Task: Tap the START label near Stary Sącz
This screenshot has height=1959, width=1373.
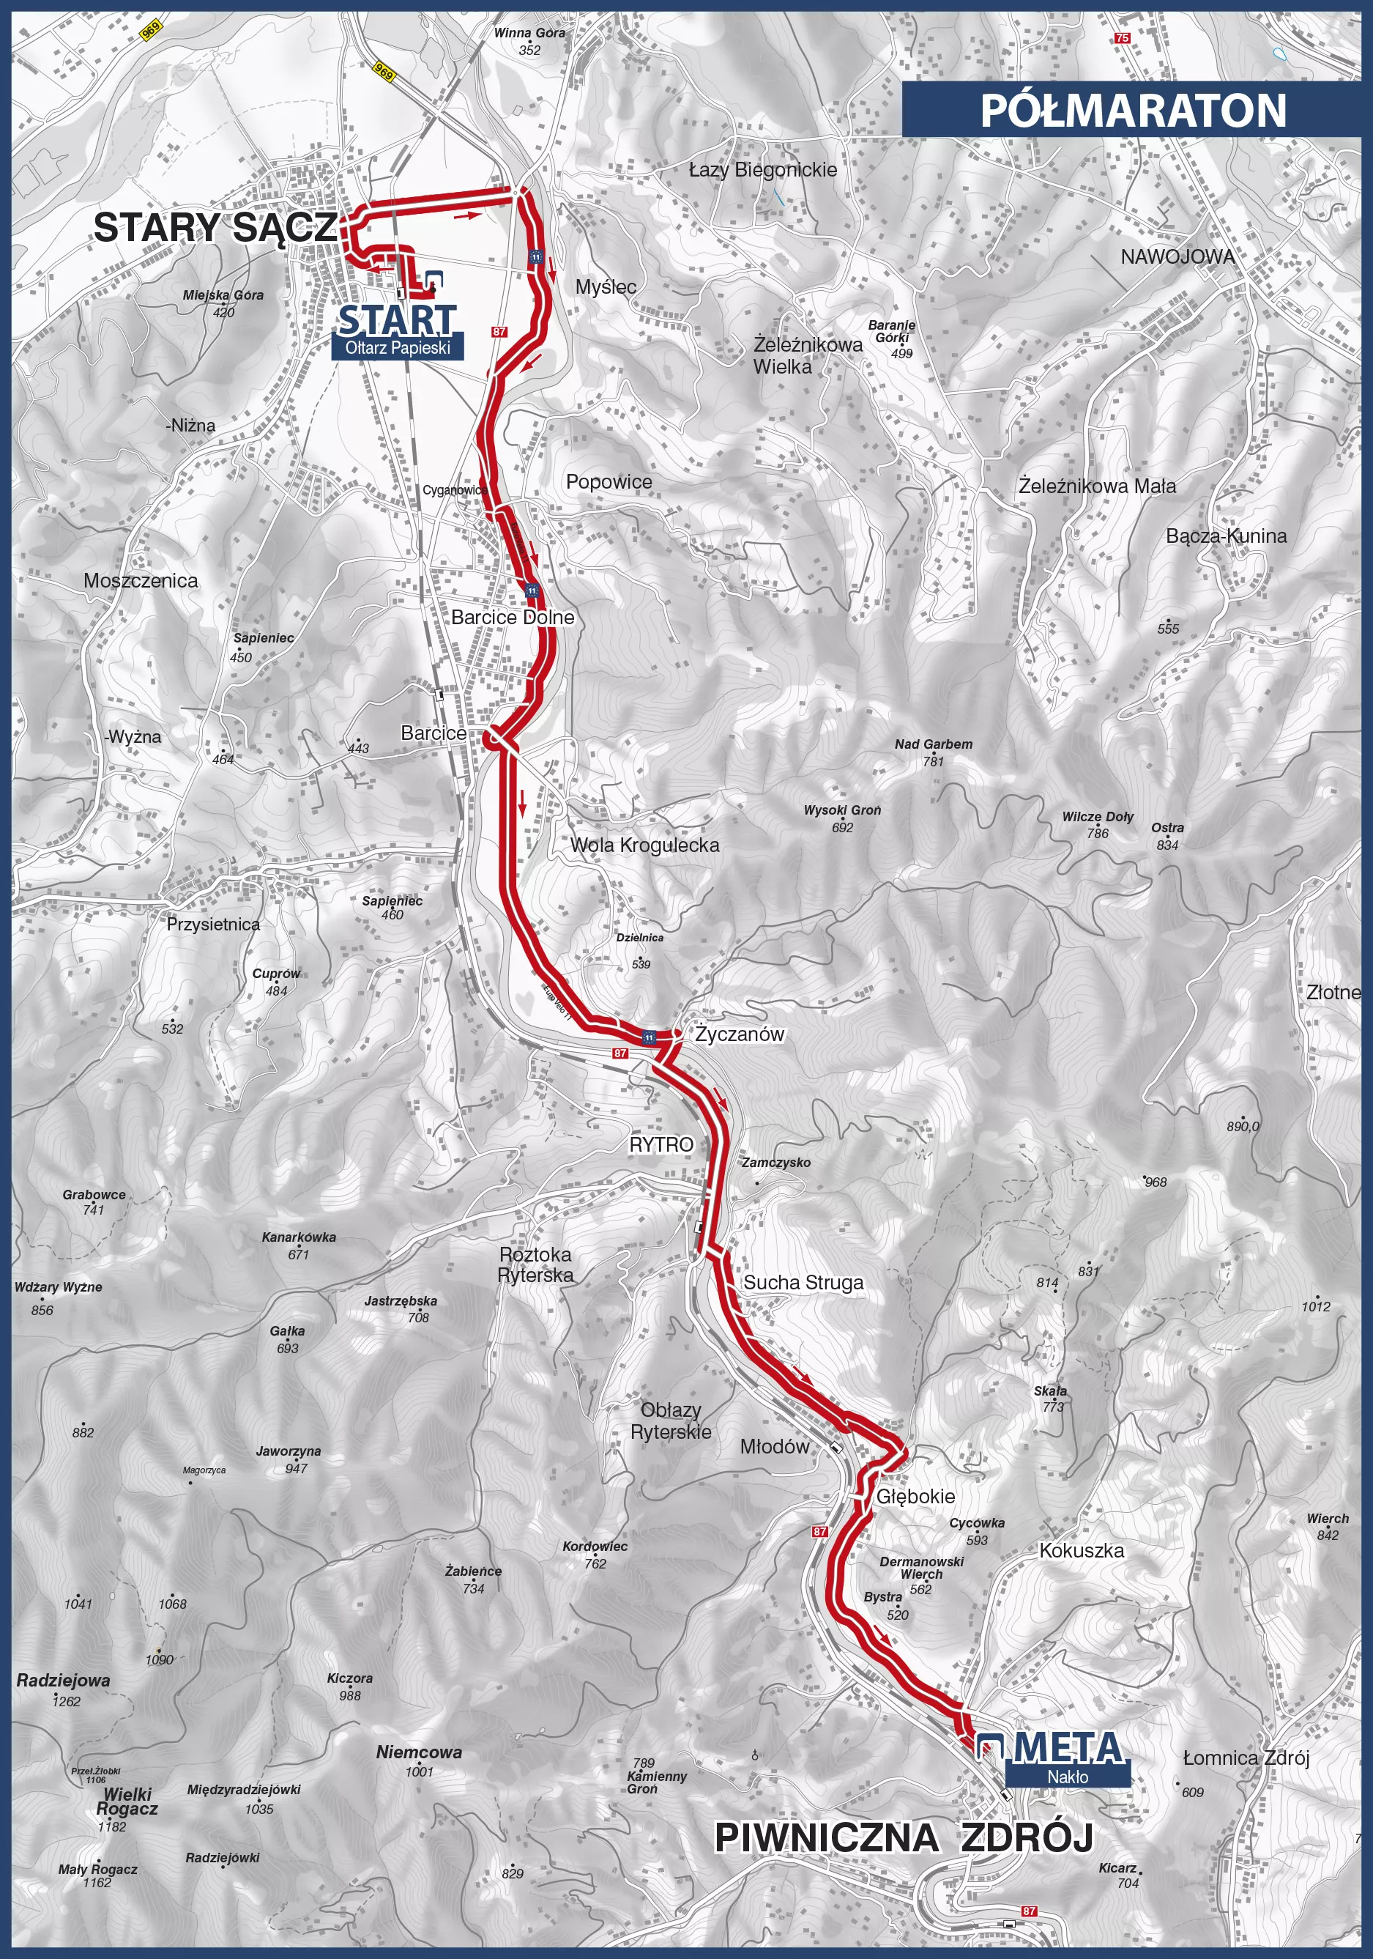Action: (x=398, y=321)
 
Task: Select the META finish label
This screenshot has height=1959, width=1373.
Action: (x=1068, y=1748)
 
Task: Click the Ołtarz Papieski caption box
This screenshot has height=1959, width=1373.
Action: (x=398, y=348)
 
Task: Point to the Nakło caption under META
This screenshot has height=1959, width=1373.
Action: (x=1068, y=1777)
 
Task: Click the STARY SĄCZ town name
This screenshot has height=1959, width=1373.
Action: (x=215, y=228)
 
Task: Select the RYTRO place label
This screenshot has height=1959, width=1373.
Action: (x=661, y=1145)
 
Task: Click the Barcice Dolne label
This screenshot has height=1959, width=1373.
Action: (x=513, y=617)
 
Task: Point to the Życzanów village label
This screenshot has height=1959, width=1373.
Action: (x=739, y=1034)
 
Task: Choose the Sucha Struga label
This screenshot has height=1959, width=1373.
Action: (x=803, y=1282)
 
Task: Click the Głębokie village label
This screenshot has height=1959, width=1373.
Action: (x=916, y=1497)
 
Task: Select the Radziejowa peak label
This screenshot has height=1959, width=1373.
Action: (x=63, y=1681)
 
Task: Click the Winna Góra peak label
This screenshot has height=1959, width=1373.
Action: (x=529, y=33)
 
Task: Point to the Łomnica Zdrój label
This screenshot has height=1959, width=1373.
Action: (x=1246, y=1758)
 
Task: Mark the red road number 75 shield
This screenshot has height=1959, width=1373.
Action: (x=1123, y=38)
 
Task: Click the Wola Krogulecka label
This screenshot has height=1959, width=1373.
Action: (x=644, y=845)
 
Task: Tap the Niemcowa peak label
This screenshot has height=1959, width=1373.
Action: (x=419, y=1752)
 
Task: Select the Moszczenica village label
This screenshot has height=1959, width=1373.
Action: (x=141, y=581)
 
